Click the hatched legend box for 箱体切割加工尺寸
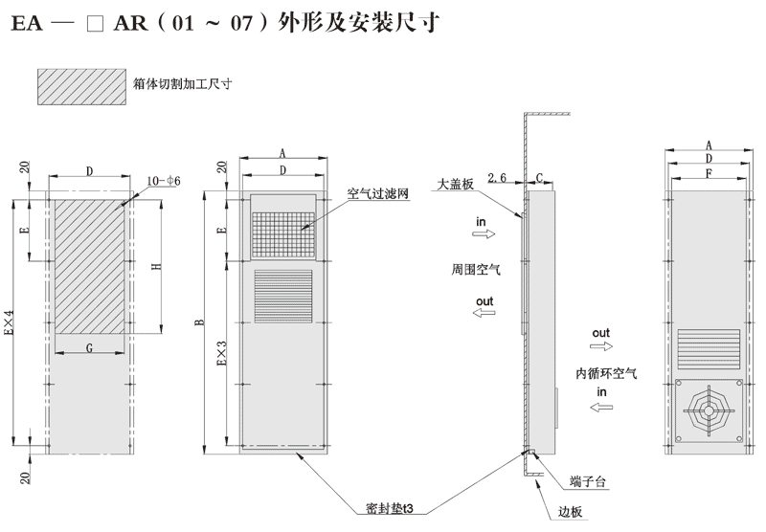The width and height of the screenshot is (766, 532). click(x=81, y=85)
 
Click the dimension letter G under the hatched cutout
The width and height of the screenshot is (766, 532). click(x=89, y=349)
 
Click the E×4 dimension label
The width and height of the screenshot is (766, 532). click(x=11, y=324)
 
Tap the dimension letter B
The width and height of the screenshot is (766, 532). click(x=199, y=322)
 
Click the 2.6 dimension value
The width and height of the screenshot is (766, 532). click(x=498, y=178)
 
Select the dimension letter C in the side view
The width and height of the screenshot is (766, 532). click(x=540, y=178)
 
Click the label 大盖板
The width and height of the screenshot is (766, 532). click(x=455, y=183)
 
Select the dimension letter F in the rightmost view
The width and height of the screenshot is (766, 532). click(x=708, y=173)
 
